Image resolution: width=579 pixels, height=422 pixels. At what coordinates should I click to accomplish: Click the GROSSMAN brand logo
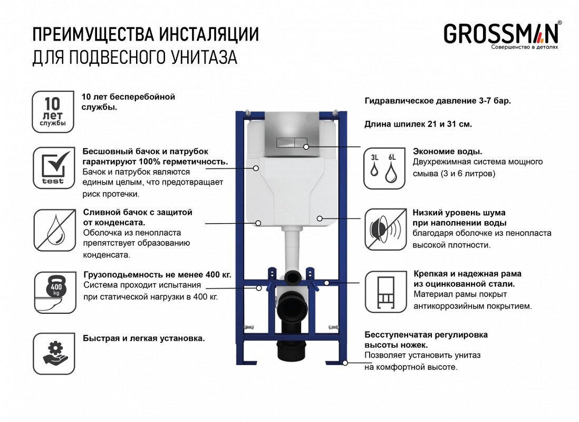[x=500, y=33]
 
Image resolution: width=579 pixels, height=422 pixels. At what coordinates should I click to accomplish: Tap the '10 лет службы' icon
[x=53, y=112]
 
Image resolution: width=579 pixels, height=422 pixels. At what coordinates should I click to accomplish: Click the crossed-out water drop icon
[x=53, y=229]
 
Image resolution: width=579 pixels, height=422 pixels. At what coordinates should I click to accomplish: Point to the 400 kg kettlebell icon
[x=53, y=292]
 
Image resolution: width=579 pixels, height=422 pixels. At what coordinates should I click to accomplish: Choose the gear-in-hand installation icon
[x=53, y=353]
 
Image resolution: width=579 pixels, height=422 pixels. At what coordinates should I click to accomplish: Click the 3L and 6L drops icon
[x=384, y=168]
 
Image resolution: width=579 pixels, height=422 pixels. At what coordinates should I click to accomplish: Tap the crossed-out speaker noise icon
[x=384, y=229]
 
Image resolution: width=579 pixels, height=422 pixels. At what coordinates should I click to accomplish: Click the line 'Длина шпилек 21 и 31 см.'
[x=418, y=124]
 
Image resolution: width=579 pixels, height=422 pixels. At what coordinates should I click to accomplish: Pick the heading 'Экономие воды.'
[x=448, y=151]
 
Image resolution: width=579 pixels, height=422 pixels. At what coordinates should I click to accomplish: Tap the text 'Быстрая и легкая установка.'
[x=143, y=338]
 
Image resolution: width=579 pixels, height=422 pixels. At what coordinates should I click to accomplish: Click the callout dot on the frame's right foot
[x=345, y=362]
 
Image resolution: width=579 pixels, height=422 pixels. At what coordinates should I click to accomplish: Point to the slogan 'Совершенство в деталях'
[x=524, y=47]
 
